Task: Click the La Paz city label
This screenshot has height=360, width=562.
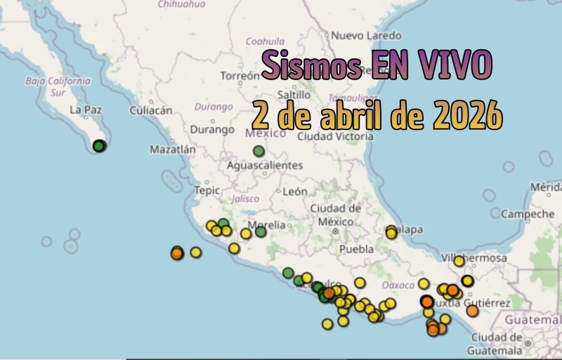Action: pyautogui.click(x=86, y=110)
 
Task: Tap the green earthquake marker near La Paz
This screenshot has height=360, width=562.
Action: pyautogui.click(x=99, y=146)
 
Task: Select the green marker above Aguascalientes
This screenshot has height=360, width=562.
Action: pyautogui.click(x=259, y=150)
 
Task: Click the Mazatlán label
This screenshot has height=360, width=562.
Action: pyautogui.click(x=173, y=149)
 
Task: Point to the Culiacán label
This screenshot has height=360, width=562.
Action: pyautogui.click(x=151, y=110)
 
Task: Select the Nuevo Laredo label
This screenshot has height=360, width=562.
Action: pyautogui.click(x=366, y=35)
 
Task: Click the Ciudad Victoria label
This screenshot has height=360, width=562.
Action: pyautogui.click(x=335, y=136)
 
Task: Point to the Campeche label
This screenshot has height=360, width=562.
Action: pyautogui.click(x=528, y=214)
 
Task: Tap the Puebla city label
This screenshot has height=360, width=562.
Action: pyautogui.click(x=356, y=249)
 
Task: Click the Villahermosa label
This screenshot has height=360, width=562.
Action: pyautogui.click(x=476, y=259)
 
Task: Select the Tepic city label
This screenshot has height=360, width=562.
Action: pyautogui.click(x=207, y=190)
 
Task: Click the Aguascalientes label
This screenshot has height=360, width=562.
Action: pyautogui.click(x=265, y=165)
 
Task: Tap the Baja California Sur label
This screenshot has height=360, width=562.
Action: pyautogui.click(x=58, y=86)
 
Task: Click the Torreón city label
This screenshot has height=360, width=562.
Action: pyautogui.click(x=240, y=75)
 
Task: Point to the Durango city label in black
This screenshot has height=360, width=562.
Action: pyautogui.click(x=212, y=129)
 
